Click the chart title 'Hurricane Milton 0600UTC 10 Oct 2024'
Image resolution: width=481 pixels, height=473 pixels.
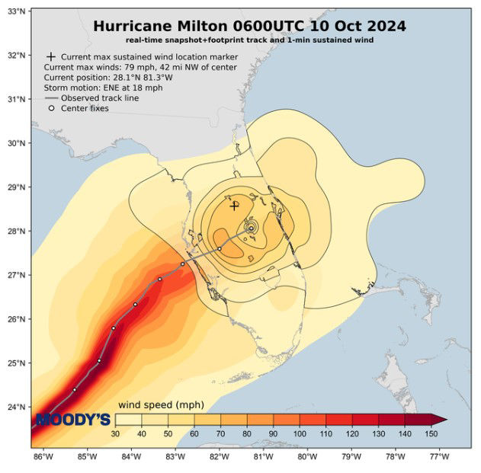click(249, 26)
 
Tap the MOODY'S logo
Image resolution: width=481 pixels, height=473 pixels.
click(73, 420)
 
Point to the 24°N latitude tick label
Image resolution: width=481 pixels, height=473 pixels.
click(18, 406)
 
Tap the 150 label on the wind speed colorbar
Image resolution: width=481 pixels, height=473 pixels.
click(431, 433)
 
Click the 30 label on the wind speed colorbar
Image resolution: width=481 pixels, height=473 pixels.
click(116, 433)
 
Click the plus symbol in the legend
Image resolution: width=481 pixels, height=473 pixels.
click(50, 57)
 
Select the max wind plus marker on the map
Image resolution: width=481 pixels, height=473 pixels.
click(235, 205)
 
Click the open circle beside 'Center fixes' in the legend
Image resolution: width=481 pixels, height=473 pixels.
click(51, 108)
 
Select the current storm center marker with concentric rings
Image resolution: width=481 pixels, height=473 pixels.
click(250, 227)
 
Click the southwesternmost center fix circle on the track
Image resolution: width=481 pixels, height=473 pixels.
click(74, 389)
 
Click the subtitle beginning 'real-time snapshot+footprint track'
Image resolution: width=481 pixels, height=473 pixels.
click(249, 40)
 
